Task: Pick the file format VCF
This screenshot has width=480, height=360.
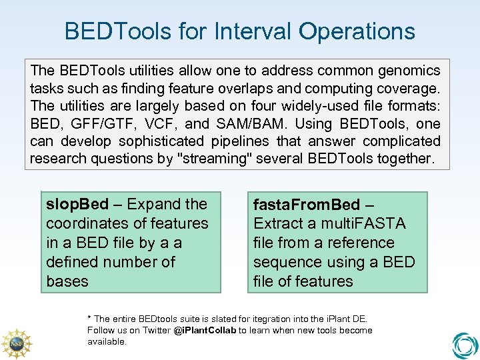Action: [x=157, y=123]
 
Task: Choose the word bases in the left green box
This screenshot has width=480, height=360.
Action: [x=67, y=281]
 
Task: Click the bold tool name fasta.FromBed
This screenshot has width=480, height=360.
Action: [x=306, y=205]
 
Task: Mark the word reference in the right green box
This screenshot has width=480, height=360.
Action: [x=359, y=243]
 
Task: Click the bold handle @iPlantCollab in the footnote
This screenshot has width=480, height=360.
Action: [x=205, y=331]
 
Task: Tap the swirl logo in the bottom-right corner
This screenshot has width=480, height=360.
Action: [x=465, y=345]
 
